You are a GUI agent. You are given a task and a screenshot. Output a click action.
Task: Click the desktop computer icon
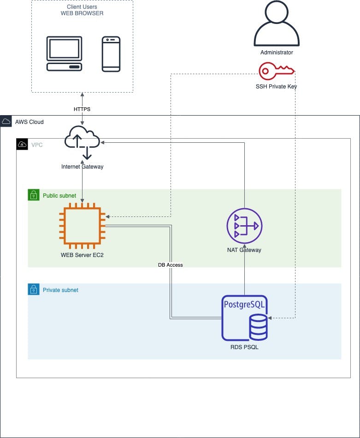click(x=65, y=54)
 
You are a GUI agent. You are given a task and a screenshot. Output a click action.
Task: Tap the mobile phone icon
click(x=111, y=54)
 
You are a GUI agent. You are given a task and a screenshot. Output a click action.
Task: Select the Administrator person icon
click(x=277, y=25)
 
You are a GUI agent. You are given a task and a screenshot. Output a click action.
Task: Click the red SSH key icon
click(x=276, y=71)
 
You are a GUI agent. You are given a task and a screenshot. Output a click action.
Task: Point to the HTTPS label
click(x=82, y=109)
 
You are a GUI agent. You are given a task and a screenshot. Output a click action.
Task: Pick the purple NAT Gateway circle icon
click(x=244, y=226)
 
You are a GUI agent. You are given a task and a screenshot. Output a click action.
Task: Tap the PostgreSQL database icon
click(x=245, y=318)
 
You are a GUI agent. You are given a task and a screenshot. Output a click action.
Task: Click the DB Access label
click(x=171, y=265)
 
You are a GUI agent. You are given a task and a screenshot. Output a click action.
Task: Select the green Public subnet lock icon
click(x=33, y=195)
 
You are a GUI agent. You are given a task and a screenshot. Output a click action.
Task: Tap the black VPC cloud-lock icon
click(x=22, y=144)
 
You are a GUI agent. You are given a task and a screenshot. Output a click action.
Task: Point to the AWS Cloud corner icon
click(x=6, y=122)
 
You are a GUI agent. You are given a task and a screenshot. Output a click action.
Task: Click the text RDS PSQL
click(x=244, y=347)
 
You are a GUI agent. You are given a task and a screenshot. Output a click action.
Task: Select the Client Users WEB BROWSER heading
click(x=82, y=10)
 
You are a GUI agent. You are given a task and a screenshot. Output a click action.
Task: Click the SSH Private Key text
click(x=276, y=86)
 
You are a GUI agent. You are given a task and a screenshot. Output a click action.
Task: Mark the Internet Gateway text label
click(x=82, y=167)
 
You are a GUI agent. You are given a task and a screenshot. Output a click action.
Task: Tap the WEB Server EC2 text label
click(x=82, y=255)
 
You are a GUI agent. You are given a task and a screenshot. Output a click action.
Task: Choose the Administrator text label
click(x=277, y=53)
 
